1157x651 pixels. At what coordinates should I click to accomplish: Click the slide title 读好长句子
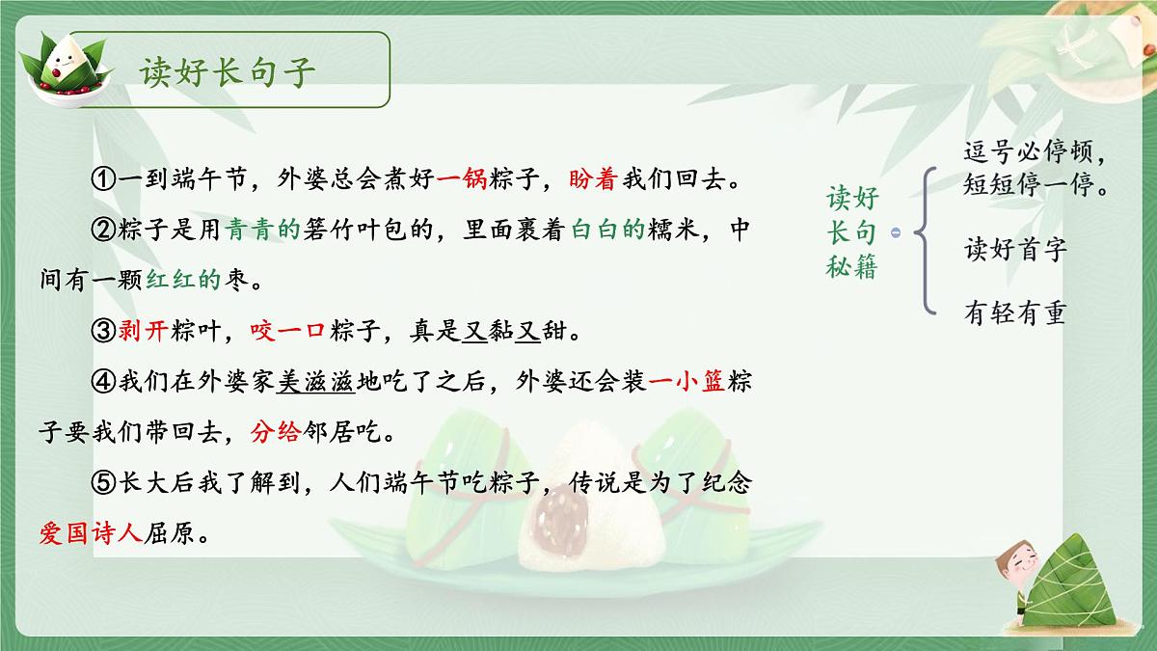tap(228, 72)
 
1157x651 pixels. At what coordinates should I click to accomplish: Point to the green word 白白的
tap(606, 231)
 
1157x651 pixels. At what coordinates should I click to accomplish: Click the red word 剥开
tap(144, 334)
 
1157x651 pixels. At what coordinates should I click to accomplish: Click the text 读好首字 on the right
tap(1015, 251)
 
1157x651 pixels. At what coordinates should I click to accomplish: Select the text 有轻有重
tap(1015, 313)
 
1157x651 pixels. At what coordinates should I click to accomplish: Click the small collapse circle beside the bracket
tap(896, 232)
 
